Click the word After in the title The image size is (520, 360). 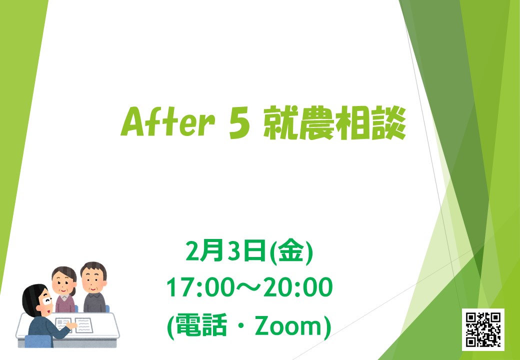tap(167, 121)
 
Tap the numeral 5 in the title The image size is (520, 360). tap(239, 123)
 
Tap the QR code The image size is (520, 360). tap(483, 329)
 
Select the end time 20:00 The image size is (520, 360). tap(297, 288)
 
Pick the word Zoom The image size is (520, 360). tap(289, 326)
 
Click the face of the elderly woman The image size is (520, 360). tap(63, 283)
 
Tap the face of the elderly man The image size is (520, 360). tap(94, 280)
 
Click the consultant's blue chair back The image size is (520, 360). tap(38, 341)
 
